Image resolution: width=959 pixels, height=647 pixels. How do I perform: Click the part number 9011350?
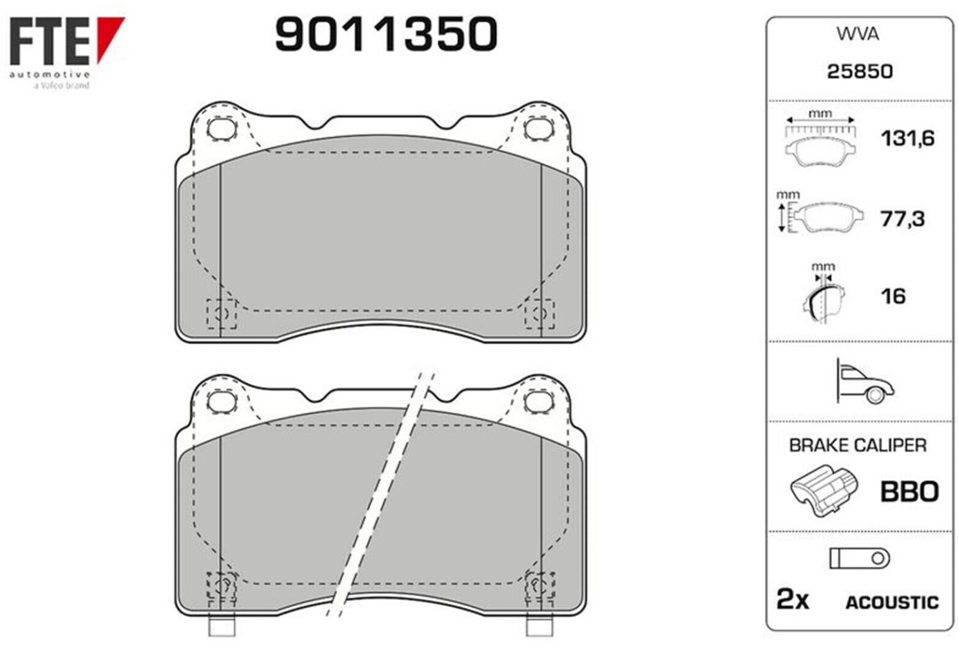click(386, 34)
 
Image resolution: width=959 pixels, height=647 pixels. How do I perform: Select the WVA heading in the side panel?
click(857, 35)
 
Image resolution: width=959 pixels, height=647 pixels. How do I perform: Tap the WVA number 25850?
click(860, 71)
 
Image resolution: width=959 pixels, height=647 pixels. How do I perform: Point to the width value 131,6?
click(908, 138)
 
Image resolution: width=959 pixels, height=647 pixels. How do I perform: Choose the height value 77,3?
click(902, 218)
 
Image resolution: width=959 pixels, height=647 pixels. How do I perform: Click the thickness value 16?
click(893, 296)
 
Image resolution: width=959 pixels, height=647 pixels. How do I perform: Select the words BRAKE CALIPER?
click(858, 445)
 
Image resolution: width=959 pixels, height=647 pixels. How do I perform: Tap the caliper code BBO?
click(909, 491)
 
